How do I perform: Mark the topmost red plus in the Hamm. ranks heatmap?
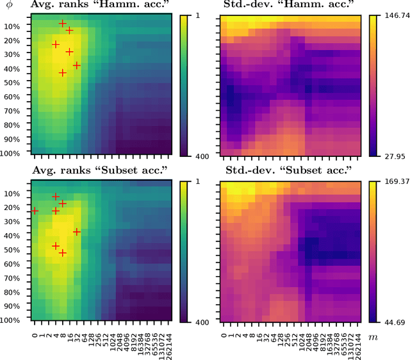click(x=63, y=23)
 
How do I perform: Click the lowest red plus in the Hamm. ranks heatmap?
click(x=63, y=73)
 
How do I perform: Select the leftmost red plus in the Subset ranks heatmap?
click(x=35, y=211)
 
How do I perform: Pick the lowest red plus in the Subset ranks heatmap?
click(x=63, y=253)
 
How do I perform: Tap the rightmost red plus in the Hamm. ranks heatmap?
click(x=77, y=65)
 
